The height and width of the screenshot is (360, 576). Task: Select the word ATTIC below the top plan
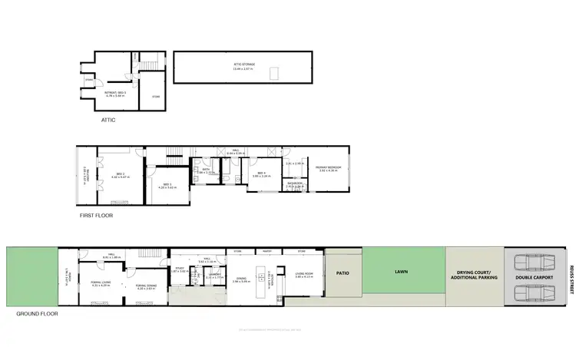tap(108, 120)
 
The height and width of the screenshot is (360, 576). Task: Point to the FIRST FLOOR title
tap(96, 216)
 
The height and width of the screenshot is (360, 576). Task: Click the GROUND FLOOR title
tap(36, 314)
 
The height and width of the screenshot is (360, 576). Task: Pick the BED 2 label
tap(120, 174)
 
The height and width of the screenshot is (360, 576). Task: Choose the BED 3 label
tap(167, 185)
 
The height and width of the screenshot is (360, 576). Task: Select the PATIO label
tap(343, 271)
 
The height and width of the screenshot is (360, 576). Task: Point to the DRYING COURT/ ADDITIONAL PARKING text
tap(475, 276)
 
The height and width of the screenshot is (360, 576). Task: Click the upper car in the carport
tap(531, 262)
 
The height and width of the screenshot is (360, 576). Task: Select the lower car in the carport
tap(531, 292)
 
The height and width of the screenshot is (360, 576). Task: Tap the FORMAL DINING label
tap(147, 286)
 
